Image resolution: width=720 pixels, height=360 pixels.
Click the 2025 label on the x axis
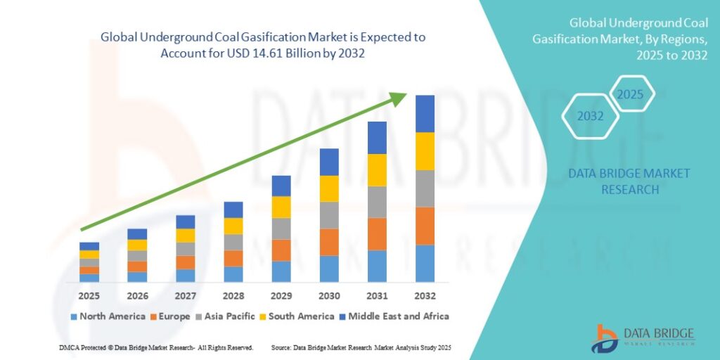89,295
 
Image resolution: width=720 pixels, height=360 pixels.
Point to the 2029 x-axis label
281,295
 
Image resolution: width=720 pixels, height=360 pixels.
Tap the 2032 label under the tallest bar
425,295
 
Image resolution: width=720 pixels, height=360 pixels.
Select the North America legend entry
108,316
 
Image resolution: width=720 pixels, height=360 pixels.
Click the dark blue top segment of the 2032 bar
425,113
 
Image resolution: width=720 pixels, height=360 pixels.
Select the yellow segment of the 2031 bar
377,169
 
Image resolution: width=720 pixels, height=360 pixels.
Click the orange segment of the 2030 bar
329,242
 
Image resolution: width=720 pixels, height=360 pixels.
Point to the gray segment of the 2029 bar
281,229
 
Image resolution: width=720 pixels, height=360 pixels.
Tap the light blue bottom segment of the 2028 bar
233,274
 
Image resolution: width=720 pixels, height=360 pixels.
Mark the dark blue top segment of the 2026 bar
137,233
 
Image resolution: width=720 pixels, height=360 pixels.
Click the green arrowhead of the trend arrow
399,98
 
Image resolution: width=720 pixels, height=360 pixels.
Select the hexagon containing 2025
630,94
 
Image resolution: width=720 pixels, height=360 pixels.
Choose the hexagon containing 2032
591,116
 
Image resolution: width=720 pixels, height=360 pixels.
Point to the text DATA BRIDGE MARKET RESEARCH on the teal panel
629,181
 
